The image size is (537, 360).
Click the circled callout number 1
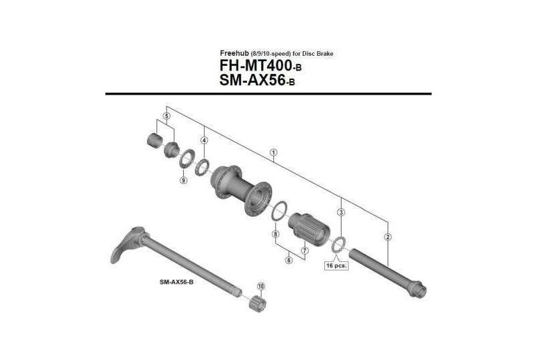point(273,152)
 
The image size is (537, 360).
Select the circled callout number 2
point(388,236)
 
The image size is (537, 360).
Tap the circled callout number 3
point(341,212)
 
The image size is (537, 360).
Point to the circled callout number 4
point(203,140)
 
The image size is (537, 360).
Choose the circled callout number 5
point(166,116)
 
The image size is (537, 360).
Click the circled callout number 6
point(289,261)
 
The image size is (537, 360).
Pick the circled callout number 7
point(304,250)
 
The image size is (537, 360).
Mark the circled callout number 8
point(275,234)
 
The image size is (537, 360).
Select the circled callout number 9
point(183,179)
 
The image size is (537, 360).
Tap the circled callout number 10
point(261,286)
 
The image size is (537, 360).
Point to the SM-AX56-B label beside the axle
point(177,281)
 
